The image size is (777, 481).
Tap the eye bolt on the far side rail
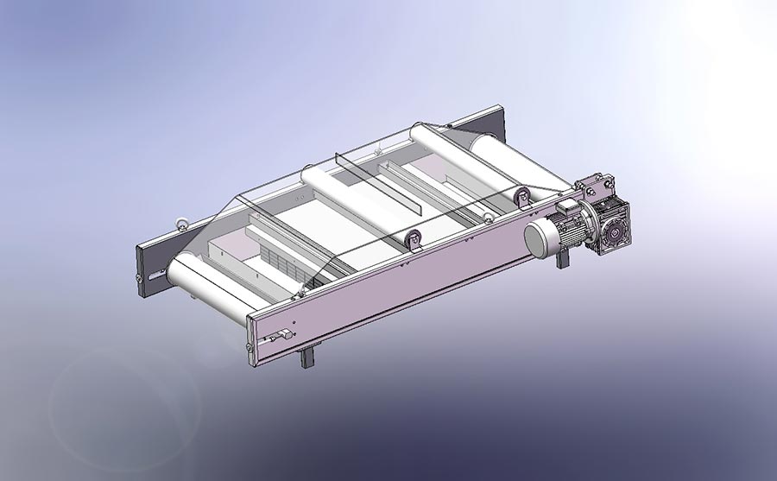coord(182,223)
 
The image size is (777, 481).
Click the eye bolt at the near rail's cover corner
coord(300,294)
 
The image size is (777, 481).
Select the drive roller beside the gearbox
coord(518,168)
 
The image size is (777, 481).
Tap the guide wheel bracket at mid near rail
coord(413,242)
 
